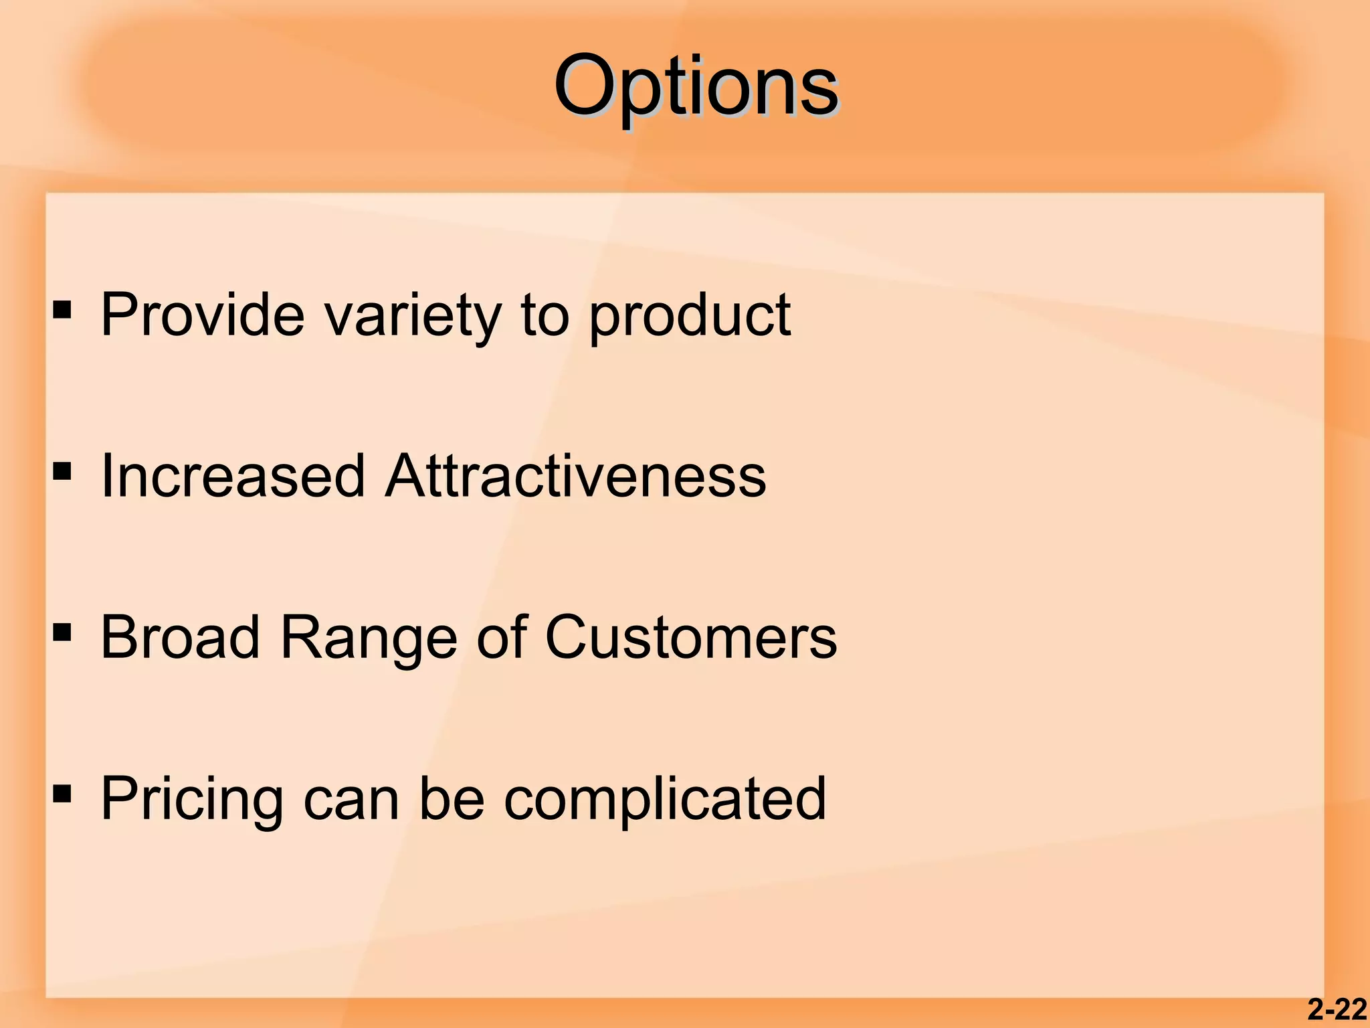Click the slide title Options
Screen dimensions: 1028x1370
[x=696, y=87]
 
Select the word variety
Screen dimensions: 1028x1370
[x=413, y=316]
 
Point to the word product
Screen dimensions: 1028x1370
[x=690, y=316]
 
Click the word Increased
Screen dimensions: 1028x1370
[x=233, y=476]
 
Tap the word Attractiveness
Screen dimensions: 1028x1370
[x=576, y=476]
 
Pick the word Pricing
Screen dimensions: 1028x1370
[x=192, y=800]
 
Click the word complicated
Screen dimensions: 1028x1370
[x=665, y=800]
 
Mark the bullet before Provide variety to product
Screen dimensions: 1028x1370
[x=62, y=309]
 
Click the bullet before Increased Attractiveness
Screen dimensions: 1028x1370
[x=62, y=471]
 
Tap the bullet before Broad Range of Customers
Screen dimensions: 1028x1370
[x=62, y=632]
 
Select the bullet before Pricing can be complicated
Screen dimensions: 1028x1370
[x=62, y=794]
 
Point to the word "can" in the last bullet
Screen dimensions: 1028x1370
[x=351, y=800]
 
